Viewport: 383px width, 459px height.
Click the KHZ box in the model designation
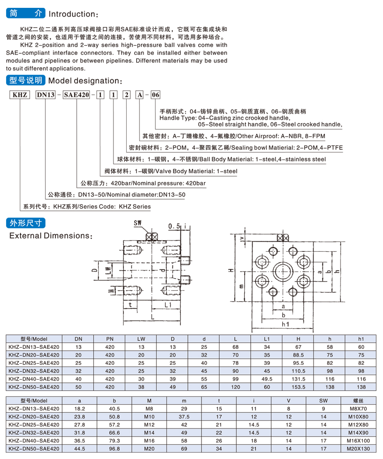click(20, 95)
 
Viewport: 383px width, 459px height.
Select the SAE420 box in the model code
click(76, 95)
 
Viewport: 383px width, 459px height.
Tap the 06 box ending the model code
click(155, 95)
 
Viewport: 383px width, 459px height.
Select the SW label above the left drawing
click(138, 223)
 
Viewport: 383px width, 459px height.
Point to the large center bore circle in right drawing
click(283, 271)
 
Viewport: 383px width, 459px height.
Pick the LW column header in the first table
click(141, 339)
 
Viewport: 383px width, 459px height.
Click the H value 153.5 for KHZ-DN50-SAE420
click(298, 386)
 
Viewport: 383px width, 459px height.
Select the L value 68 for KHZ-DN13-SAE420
click(236, 347)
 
